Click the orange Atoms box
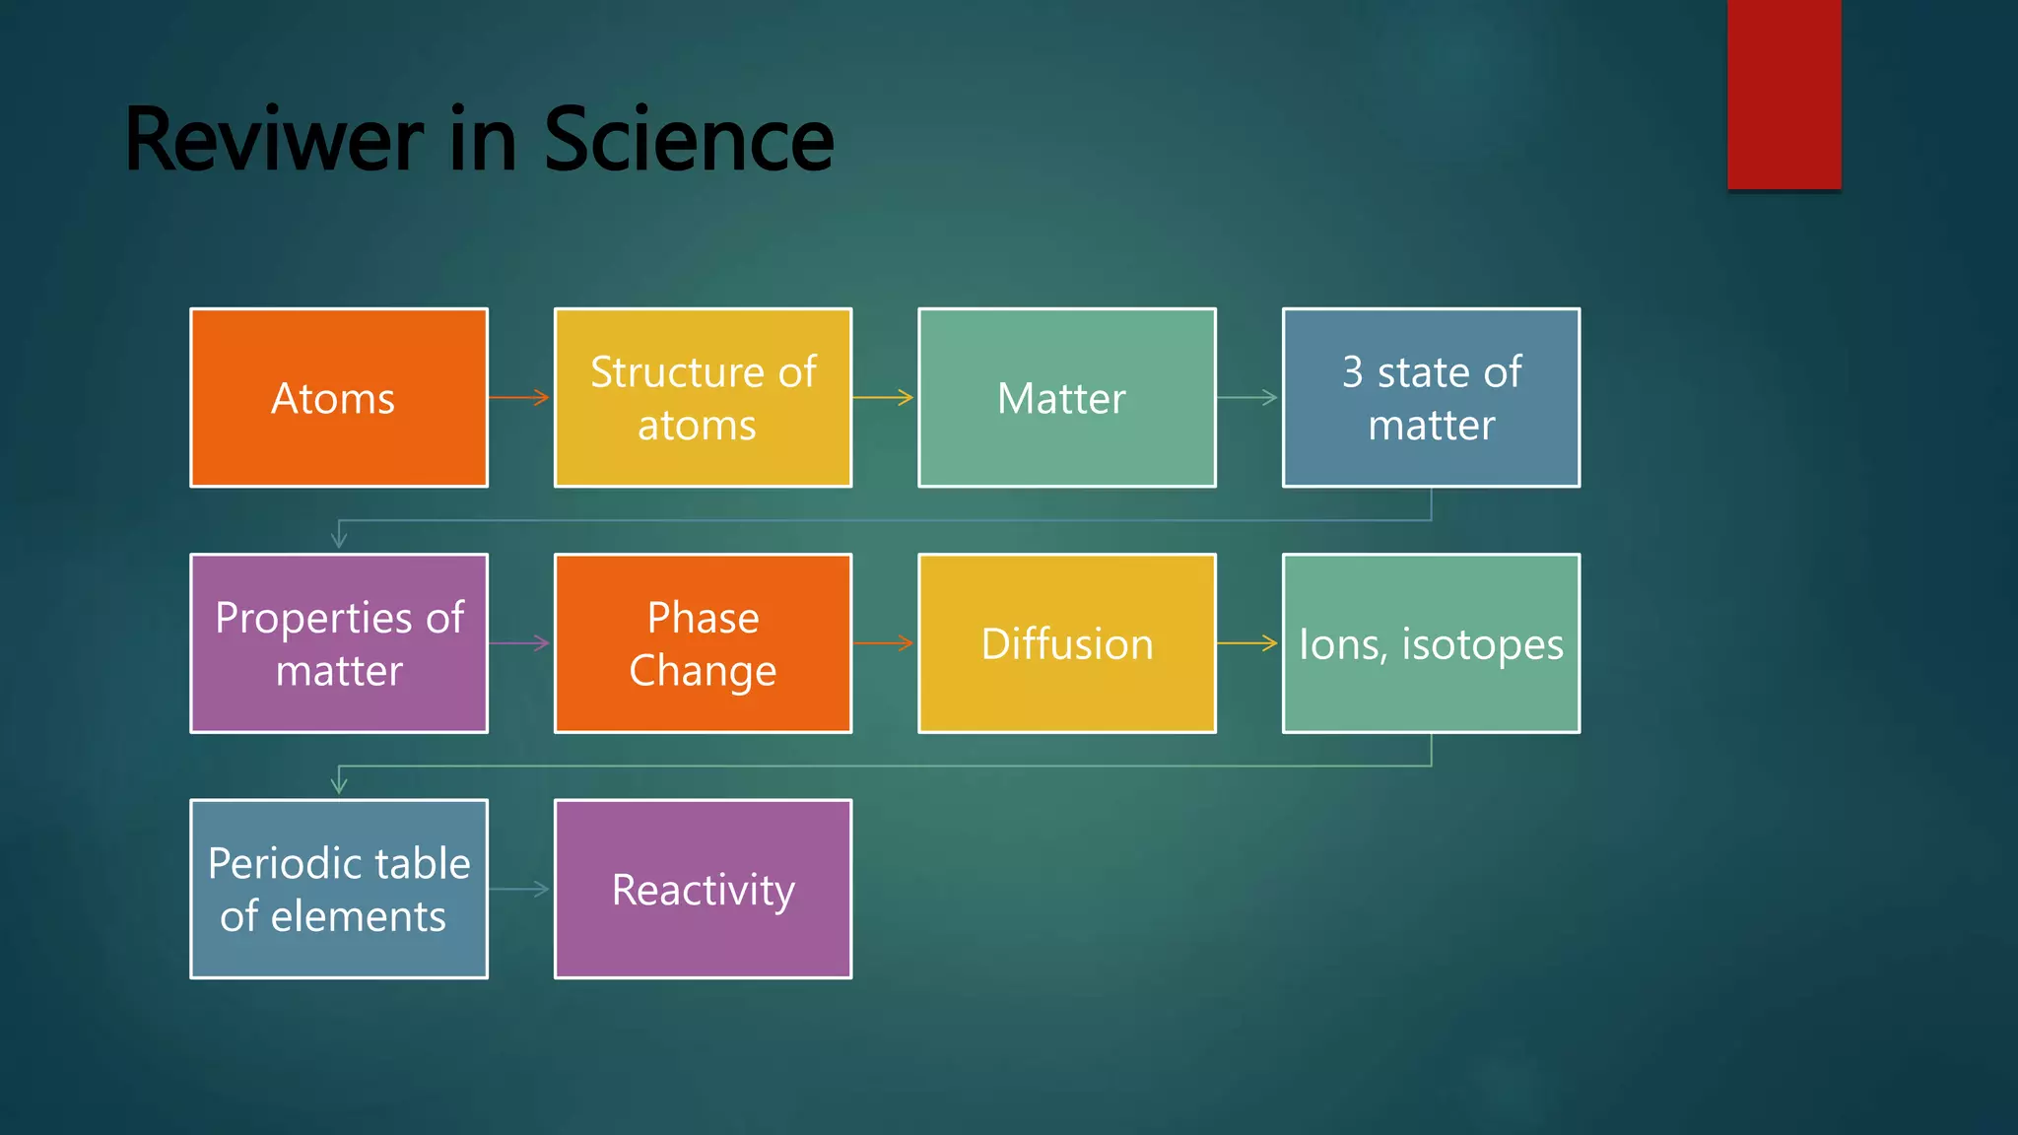point(339,398)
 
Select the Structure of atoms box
point(703,398)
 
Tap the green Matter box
point(1066,398)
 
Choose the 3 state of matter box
point(1431,398)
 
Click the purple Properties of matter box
point(339,643)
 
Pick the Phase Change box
point(703,643)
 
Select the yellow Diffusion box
point(1066,643)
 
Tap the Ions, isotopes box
point(1431,643)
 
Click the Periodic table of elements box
point(339,889)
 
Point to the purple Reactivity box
point(703,889)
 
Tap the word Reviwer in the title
point(274,140)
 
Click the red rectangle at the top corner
point(1783,94)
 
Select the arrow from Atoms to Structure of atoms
point(520,398)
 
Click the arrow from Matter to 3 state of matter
point(1247,398)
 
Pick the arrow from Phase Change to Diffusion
point(884,643)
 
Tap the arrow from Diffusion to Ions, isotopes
point(1247,643)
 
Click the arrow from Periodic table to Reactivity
point(520,889)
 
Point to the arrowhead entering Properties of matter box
point(339,539)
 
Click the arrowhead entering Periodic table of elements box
point(339,784)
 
